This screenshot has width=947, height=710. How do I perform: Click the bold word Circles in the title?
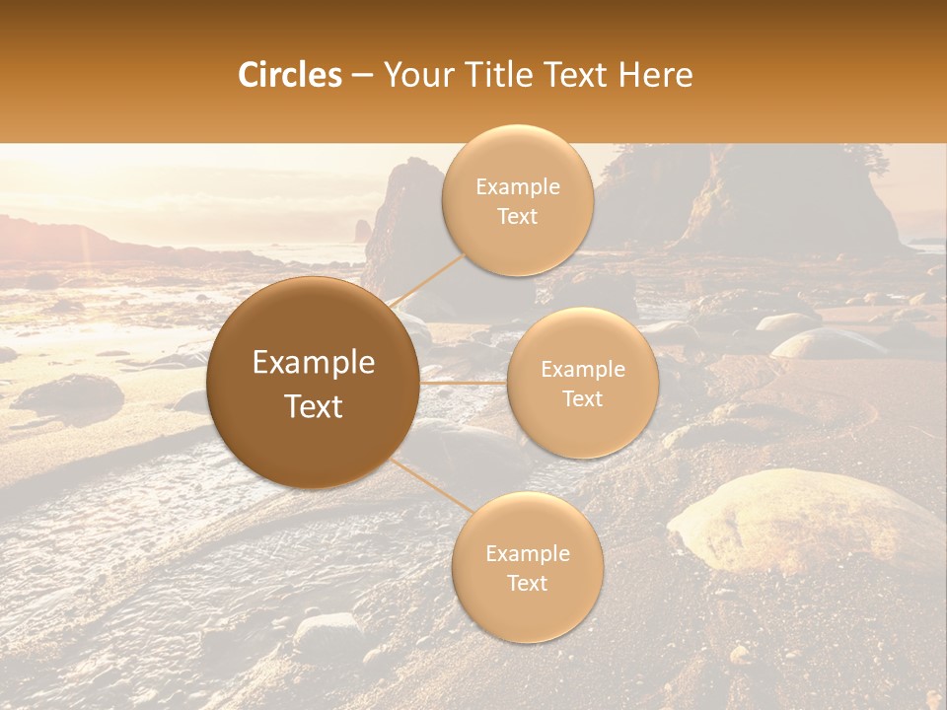click(x=290, y=75)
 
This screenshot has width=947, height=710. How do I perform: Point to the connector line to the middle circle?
click(x=463, y=383)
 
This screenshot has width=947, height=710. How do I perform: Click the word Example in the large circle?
click(x=314, y=363)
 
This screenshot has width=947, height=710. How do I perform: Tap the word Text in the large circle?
click(x=314, y=406)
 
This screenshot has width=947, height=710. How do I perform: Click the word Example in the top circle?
click(x=518, y=187)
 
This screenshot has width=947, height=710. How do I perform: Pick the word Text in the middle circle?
click(x=582, y=399)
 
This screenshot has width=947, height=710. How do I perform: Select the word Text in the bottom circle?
click(x=527, y=583)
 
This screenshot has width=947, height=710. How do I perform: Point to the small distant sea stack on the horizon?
click(x=362, y=232)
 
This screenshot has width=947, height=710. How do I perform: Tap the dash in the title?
click(x=362, y=76)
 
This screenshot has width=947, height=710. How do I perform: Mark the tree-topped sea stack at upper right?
click(x=789, y=197)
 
